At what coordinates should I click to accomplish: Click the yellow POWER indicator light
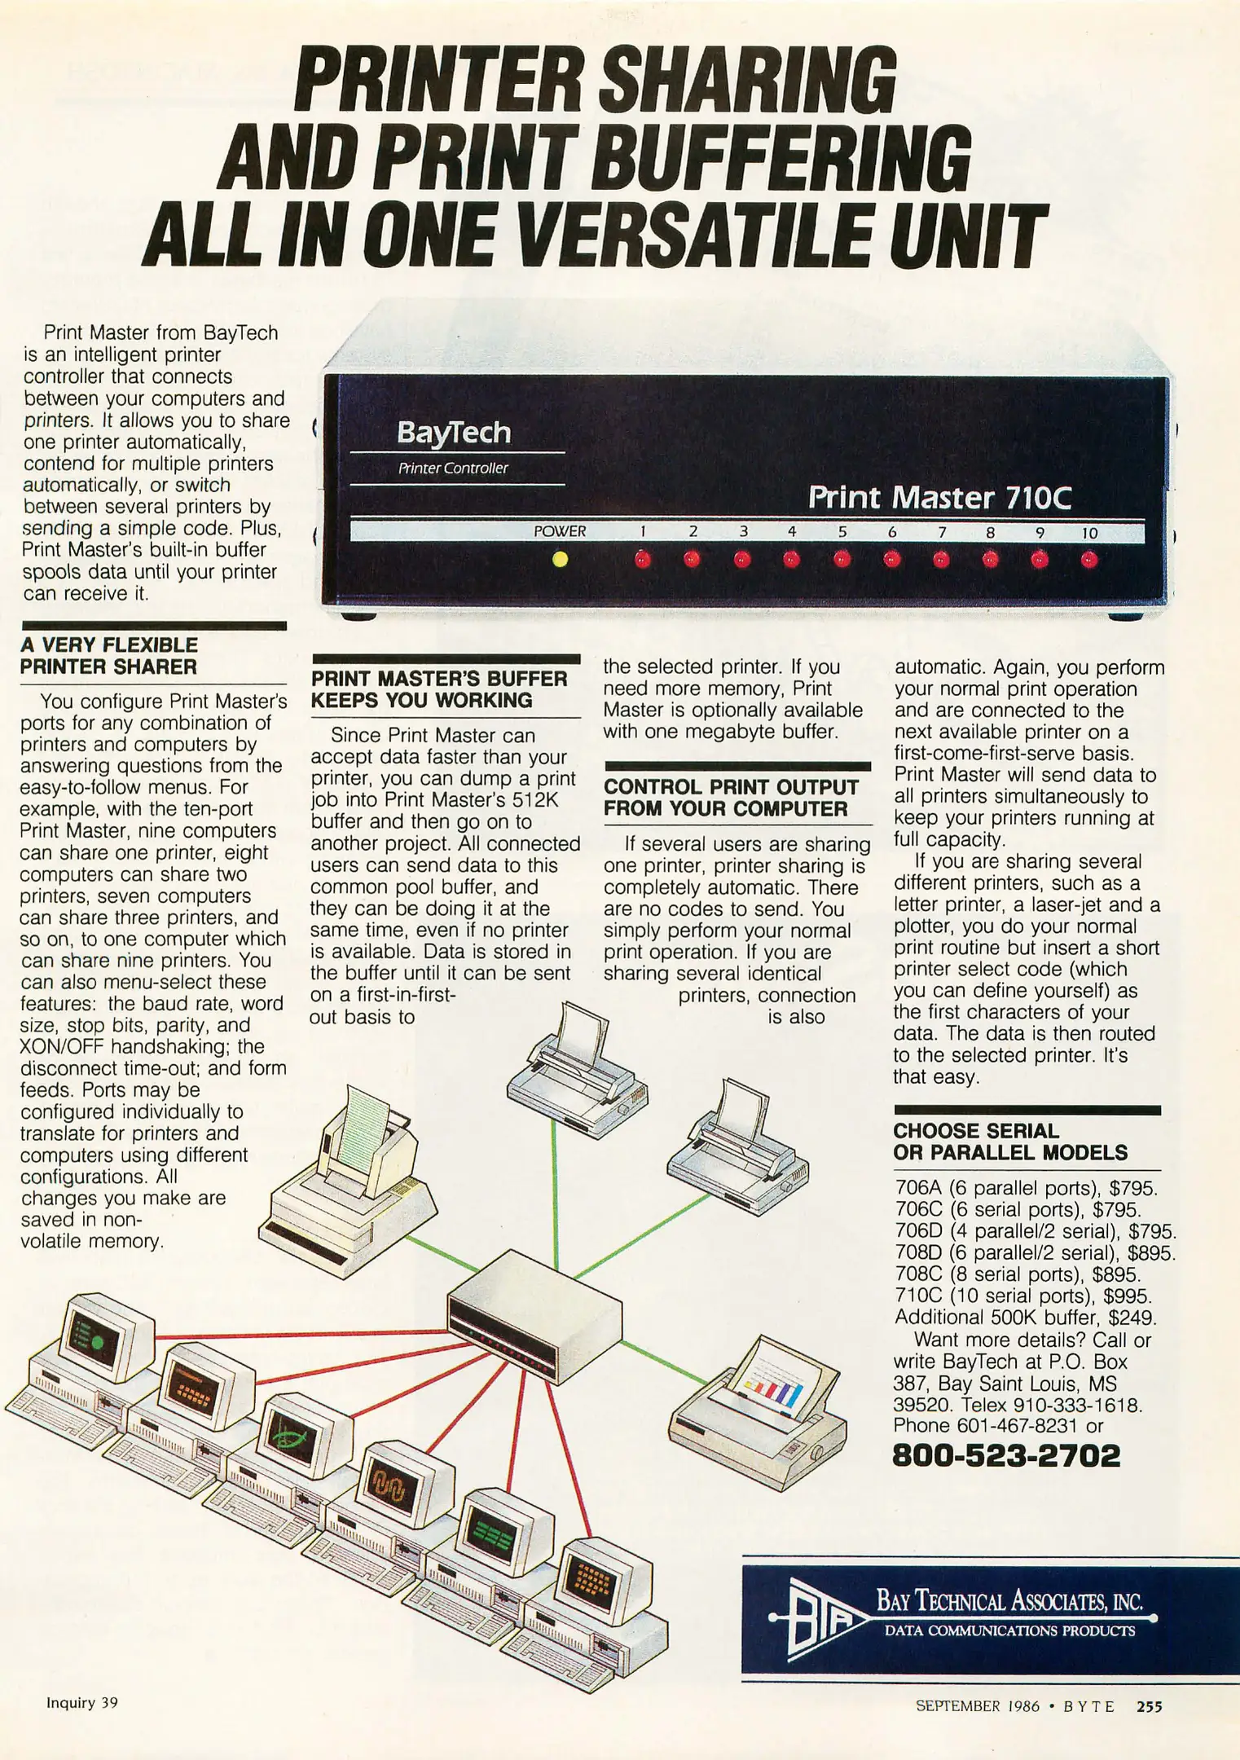tap(559, 560)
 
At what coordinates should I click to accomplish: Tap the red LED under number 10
tap(1089, 560)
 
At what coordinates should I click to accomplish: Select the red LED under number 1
tap(643, 560)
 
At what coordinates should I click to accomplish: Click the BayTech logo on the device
tap(454, 432)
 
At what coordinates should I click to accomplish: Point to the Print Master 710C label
tap(939, 497)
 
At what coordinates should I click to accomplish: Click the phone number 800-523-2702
tap(1007, 1455)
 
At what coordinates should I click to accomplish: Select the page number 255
tap(1150, 1705)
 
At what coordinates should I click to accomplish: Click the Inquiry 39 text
tap(82, 1702)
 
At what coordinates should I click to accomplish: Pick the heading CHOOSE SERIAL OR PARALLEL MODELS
tap(1010, 1142)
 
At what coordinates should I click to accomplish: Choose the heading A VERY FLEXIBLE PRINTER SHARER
tap(109, 656)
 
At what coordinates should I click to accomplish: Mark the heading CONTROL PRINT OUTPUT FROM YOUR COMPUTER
tap(732, 798)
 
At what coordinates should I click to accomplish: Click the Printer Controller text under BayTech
tap(453, 469)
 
